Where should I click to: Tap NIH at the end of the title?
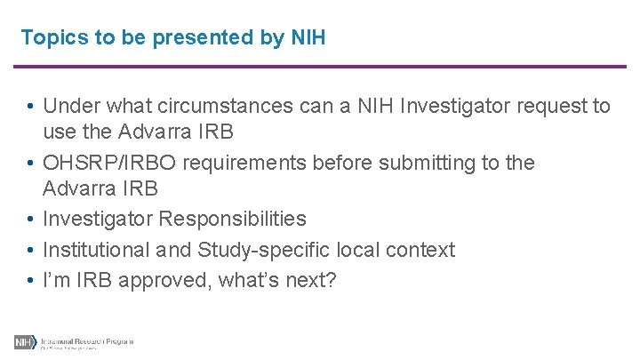click(x=308, y=37)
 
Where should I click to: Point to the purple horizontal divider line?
click(x=320, y=67)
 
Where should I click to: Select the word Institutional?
click(x=95, y=250)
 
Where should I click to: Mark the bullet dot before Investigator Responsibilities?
click(x=30, y=220)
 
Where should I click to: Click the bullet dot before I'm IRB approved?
click(x=30, y=281)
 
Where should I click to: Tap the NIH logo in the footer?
click(x=23, y=342)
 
